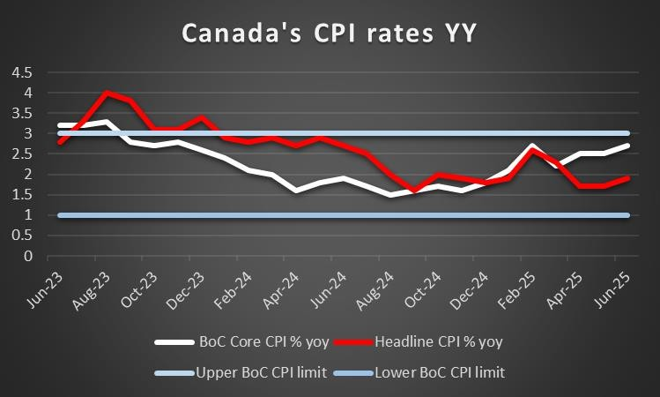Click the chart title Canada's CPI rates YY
[x=330, y=34]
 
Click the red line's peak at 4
[x=107, y=93]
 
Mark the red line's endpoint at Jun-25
[x=627, y=178]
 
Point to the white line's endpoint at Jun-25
[x=627, y=146]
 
